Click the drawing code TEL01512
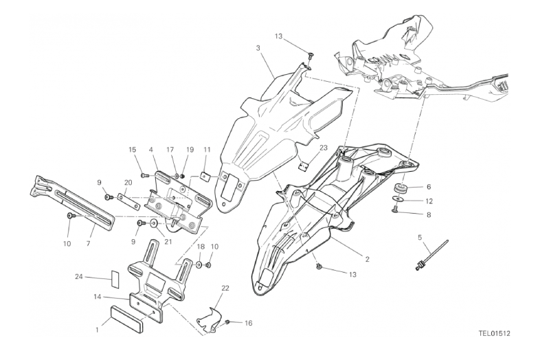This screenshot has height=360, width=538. tap(494, 336)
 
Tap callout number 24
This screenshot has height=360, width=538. tap(79, 278)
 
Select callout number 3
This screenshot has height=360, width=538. tap(258, 48)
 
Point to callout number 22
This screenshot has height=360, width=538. tap(225, 287)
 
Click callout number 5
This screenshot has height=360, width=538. tap(419, 238)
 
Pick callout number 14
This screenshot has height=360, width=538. tap(99, 297)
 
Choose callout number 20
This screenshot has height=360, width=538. tap(128, 182)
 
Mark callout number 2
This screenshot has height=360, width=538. tap(368, 259)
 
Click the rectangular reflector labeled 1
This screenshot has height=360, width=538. tap(124, 321)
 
